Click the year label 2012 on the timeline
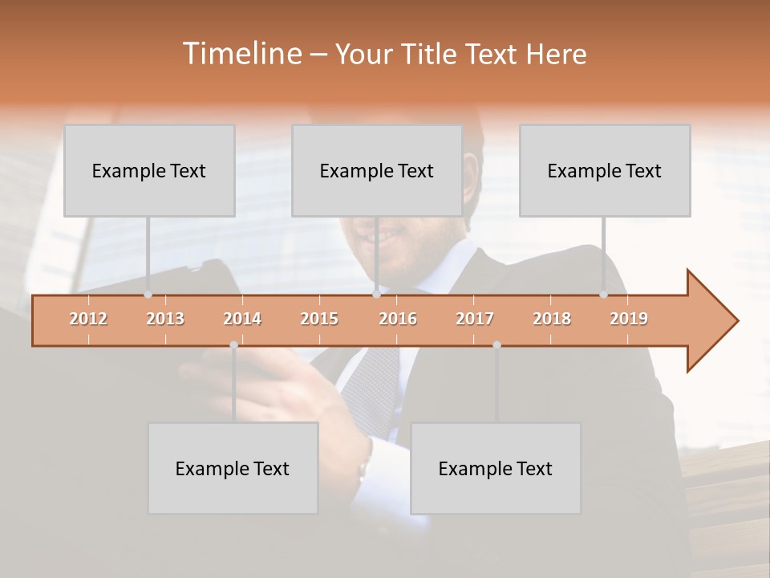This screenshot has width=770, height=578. (x=88, y=319)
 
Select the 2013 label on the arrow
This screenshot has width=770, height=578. (x=165, y=319)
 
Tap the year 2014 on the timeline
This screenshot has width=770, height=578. (x=242, y=319)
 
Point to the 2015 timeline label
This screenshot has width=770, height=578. (x=319, y=319)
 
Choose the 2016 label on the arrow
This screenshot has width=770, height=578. (x=398, y=319)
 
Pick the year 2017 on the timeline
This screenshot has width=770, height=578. (x=475, y=319)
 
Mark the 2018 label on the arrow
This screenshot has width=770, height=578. (x=552, y=319)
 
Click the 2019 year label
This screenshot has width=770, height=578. (x=629, y=319)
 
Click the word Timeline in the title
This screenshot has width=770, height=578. (x=241, y=54)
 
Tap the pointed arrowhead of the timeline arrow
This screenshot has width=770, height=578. (x=714, y=320)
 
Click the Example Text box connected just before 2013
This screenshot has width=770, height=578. (x=149, y=170)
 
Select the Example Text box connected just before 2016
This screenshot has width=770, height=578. (x=377, y=170)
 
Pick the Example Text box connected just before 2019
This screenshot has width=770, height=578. (x=605, y=170)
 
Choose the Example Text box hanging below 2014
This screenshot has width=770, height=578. (x=233, y=468)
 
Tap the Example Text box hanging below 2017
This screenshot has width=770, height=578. (x=496, y=468)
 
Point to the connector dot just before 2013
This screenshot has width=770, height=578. (x=148, y=295)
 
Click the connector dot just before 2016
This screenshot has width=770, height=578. (x=377, y=295)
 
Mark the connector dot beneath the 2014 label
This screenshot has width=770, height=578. (x=233, y=344)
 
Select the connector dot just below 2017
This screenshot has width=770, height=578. (x=496, y=344)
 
